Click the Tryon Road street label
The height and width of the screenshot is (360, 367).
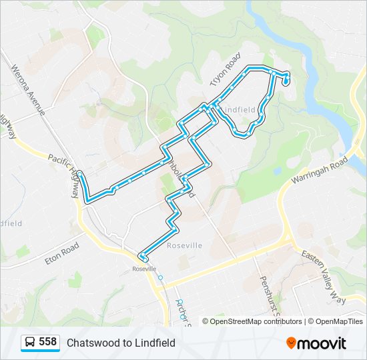(225, 71)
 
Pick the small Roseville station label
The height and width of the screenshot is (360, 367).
(143, 268)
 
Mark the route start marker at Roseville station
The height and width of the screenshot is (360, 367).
(143, 257)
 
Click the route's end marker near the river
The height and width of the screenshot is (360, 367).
(286, 81)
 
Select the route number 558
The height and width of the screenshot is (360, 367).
(47, 342)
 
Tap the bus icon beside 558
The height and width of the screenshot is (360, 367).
(30, 343)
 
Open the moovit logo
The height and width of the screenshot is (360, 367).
(316, 343)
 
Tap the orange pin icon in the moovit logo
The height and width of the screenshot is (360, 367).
(291, 343)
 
